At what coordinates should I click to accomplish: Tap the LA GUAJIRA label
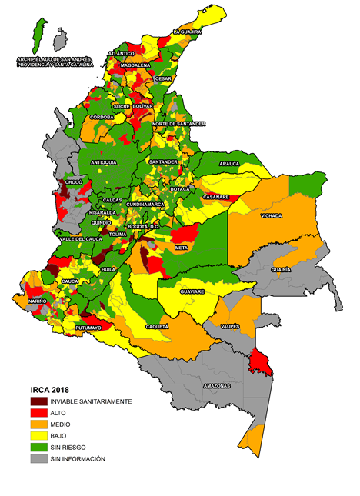coord(187,32)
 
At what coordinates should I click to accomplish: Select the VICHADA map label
coord(271,216)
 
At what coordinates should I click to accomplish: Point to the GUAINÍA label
coord(281,270)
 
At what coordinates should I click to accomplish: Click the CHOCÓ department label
coord(74,182)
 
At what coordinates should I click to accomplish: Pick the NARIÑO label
coord(38,301)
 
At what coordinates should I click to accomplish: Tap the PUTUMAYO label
coord(88,328)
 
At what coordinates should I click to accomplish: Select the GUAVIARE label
coord(192,291)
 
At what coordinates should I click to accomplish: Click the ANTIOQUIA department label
coord(104,163)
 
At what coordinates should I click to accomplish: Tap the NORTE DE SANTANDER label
coord(178,124)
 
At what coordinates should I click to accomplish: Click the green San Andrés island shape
coord(35,31)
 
